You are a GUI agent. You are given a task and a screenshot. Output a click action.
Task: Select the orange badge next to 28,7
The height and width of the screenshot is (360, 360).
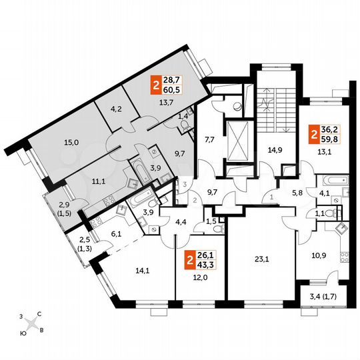pos(157,85)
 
